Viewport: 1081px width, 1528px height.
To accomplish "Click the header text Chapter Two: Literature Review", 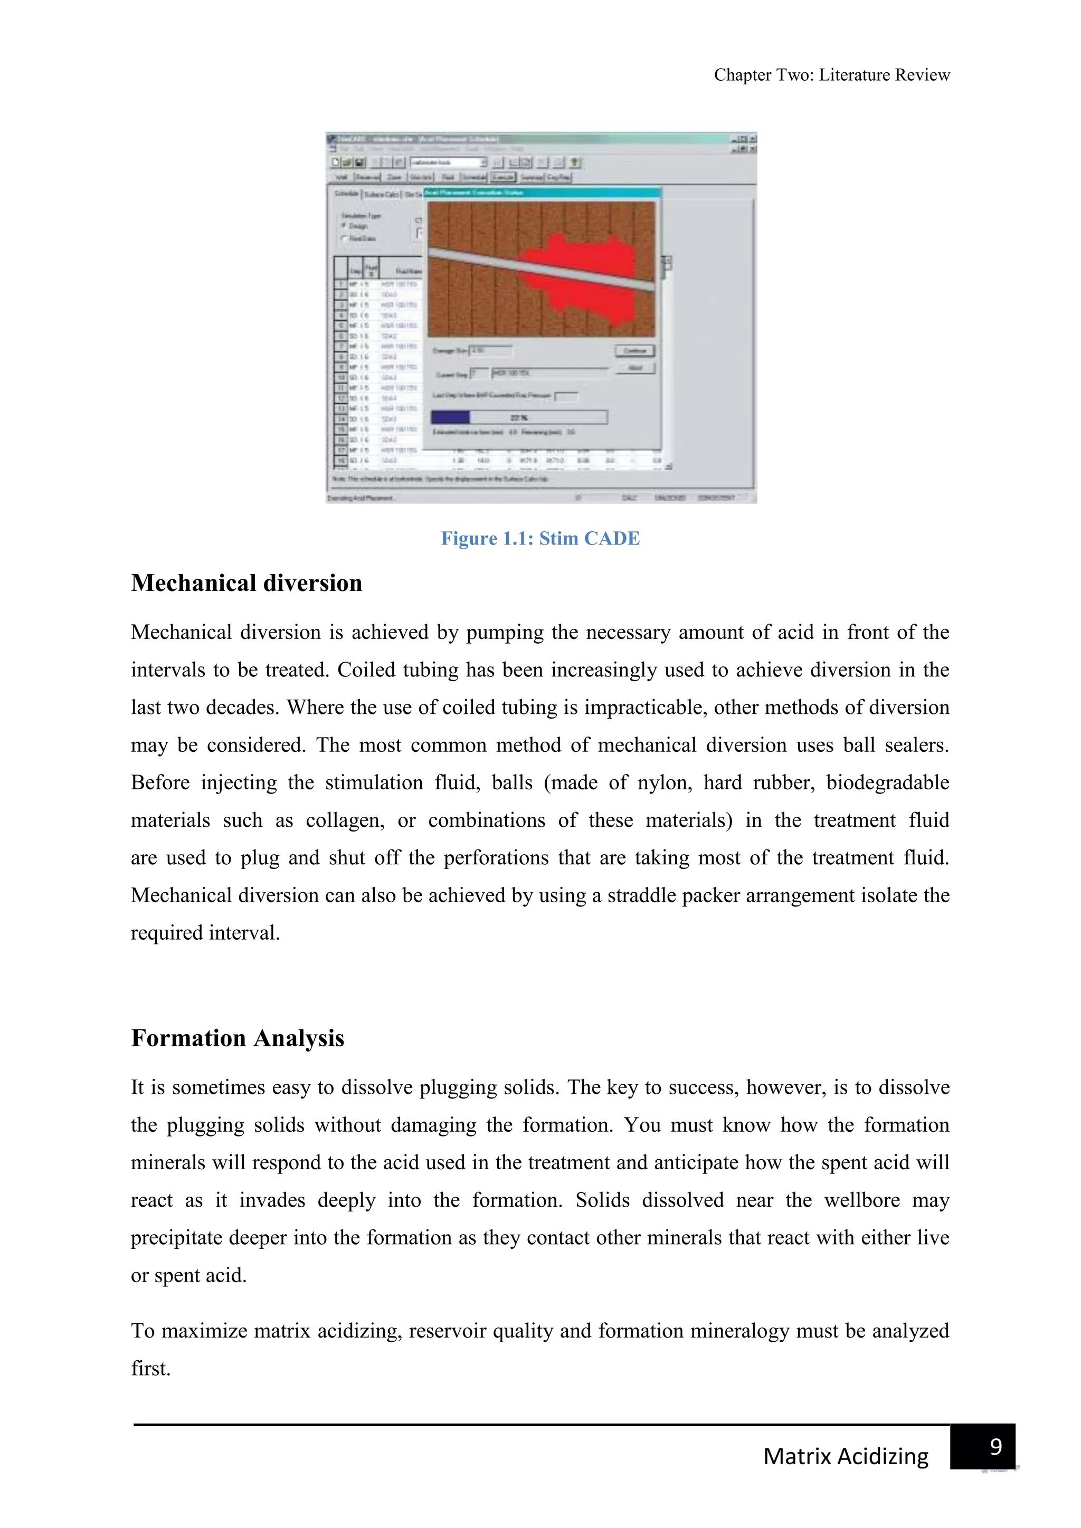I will click(x=831, y=75).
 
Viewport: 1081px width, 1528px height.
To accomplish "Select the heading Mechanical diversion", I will click(x=246, y=583).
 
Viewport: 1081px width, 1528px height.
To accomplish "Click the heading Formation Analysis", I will click(x=237, y=1038).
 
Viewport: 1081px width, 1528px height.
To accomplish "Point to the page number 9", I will click(x=996, y=1446).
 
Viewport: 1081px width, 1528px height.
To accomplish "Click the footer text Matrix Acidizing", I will click(x=846, y=1456).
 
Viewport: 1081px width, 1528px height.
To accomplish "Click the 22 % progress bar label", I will click(x=519, y=418).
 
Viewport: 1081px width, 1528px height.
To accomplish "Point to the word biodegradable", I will click(x=887, y=782).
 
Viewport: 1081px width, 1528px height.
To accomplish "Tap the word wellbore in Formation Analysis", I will click(x=865, y=1200).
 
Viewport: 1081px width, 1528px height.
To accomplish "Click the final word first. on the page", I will click(x=150, y=1368).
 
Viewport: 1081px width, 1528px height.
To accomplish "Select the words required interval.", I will click(x=205, y=933).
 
